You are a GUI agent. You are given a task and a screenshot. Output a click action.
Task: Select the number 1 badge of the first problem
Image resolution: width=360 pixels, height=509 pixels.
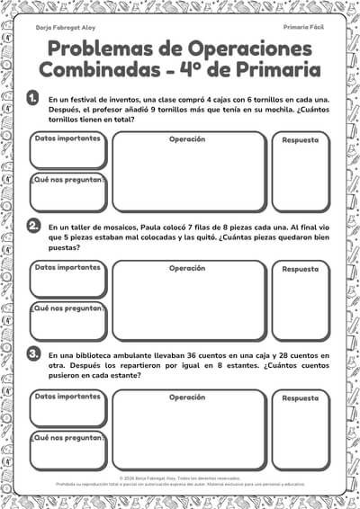tap(33, 96)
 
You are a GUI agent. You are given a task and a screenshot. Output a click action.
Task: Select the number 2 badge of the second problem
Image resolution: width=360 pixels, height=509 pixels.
tap(33, 225)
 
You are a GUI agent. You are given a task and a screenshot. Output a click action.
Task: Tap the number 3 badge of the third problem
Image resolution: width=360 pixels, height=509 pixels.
tap(33, 353)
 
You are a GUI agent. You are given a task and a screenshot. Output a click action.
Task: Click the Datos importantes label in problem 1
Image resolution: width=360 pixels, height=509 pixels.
tap(67, 138)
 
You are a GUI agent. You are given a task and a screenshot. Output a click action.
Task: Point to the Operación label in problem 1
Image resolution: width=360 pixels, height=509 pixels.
tap(187, 139)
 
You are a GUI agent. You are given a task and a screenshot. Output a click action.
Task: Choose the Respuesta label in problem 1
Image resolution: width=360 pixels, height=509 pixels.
tap(301, 140)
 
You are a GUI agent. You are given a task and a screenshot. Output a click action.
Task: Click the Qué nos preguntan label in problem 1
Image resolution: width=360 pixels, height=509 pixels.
tap(68, 180)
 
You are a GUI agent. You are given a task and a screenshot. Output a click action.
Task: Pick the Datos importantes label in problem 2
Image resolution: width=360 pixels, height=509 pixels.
tap(67, 267)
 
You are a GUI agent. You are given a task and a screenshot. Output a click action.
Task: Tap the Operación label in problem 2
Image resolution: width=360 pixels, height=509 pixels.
tap(187, 268)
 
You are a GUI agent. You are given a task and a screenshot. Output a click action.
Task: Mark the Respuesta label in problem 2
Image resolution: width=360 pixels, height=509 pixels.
tap(301, 269)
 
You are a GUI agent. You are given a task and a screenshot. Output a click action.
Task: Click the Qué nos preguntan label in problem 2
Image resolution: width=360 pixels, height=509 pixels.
tap(68, 308)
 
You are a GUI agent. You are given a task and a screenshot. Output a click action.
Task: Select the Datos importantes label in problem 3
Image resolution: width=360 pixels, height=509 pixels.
tap(67, 396)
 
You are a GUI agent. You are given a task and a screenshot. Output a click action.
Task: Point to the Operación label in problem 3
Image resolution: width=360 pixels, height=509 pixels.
tap(187, 397)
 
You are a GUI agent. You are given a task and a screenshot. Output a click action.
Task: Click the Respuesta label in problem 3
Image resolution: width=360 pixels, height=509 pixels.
tap(301, 397)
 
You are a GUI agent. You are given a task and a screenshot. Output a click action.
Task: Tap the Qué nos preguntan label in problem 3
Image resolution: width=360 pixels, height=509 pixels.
tap(68, 437)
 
